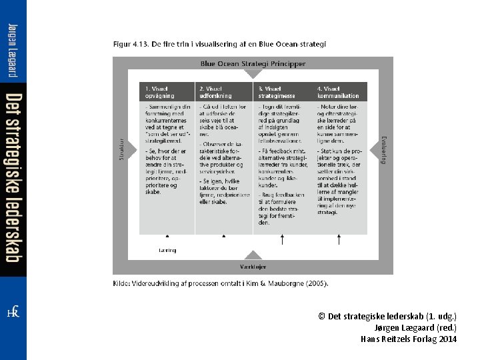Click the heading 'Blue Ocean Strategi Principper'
pos(253,64)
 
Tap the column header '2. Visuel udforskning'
pos(214,92)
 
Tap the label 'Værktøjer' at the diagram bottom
pos(253,267)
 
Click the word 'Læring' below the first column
pos(167,251)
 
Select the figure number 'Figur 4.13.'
pos(130,45)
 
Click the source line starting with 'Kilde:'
pos(220,283)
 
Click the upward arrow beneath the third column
pos(282,239)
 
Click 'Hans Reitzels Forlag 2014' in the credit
pos(409,339)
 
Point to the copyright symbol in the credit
pos(321,316)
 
